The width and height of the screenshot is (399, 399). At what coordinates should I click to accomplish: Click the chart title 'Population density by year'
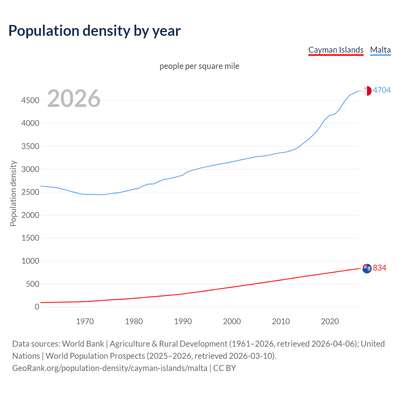click(x=94, y=31)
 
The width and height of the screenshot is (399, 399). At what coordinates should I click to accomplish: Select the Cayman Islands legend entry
click(x=336, y=50)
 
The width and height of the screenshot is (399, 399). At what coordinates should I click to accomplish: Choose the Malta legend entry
click(x=380, y=50)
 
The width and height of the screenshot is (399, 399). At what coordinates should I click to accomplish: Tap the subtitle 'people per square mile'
click(x=199, y=66)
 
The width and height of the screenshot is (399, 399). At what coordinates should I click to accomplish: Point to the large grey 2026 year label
click(x=74, y=99)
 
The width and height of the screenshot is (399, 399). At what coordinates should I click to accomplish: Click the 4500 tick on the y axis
click(x=30, y=100)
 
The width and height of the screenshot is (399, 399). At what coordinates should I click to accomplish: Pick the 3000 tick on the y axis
click(x=30, y=169)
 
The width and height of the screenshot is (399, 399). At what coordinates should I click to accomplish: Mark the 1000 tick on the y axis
click(x=30, y=261)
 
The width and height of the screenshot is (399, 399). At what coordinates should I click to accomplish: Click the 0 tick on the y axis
click(x=37, y=307)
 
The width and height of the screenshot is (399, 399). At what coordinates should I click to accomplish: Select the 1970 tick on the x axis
click(x=85, y=321)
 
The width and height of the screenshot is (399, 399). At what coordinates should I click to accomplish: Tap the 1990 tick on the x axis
click(x=183, y=321)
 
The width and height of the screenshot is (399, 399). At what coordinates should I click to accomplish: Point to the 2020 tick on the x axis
click(x=330, y=321)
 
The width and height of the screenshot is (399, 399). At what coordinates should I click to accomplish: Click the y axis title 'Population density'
click(x=13, y=193)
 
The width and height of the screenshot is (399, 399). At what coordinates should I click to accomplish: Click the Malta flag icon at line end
click(x=367, y=91)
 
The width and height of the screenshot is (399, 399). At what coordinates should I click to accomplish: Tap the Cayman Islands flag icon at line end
click(x=367, y=268)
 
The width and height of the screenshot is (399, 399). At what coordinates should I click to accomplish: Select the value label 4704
click(x=382, y=90)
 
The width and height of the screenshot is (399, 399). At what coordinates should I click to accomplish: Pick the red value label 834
click(x=379, y=268)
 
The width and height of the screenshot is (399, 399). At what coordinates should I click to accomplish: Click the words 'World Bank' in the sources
click(x=83, y=344)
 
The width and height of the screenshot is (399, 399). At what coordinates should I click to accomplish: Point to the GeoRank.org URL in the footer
click(x=110, y=368)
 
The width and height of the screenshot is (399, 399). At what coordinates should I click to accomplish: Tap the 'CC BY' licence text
click(x=224, y=368)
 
